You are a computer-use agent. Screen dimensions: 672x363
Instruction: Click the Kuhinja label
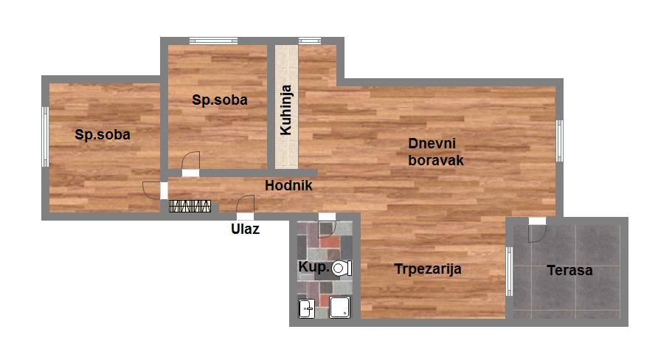tap(286, 110)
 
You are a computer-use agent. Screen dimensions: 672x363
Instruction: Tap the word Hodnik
tap(288, 186)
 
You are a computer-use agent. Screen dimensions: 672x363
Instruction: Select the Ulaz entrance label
tap(245, 229)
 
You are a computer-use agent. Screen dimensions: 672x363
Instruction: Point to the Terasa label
tap(569, 271)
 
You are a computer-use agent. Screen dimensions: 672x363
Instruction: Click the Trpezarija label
tap(428, 269)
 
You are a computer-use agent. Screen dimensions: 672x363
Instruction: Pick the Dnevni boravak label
tap(436, 152)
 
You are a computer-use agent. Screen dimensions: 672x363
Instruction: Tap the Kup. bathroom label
tap(314, 266)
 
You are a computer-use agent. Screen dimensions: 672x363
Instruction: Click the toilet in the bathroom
tap(342, 269)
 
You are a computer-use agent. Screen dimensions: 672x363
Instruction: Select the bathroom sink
tap(306, 308)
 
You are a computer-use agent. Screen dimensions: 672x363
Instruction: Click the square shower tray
tap(340, 307)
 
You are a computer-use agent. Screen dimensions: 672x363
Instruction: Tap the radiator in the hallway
tap(190, 206)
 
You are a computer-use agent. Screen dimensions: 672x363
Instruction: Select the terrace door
tap(537, 230)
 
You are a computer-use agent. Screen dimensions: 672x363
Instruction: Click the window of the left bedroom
tap(45, 136)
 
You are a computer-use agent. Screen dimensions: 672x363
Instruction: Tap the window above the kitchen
tap(310, 41)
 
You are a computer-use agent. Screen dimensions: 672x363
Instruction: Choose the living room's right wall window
tap(559, 141)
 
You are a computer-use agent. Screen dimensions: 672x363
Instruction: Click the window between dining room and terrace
tap(509, 272)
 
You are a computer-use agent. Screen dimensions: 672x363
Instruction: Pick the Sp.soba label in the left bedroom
tap(103, 134)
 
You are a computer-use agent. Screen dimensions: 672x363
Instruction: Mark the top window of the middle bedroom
tap(214, 41)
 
